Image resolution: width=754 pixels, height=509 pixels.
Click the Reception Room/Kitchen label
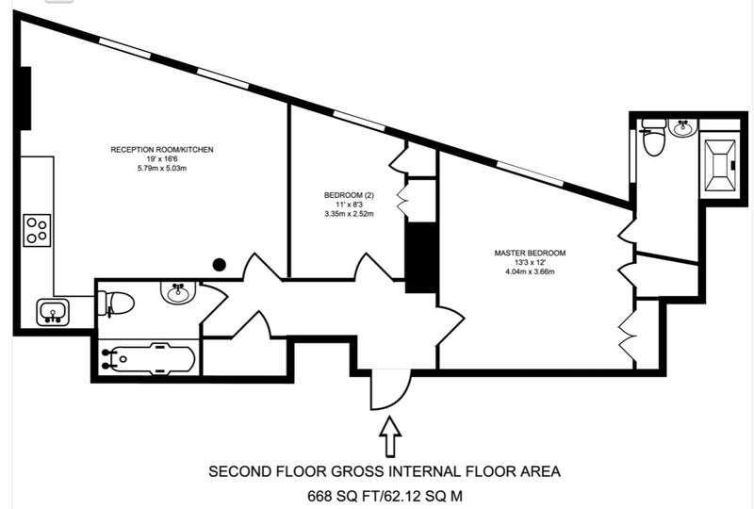point(162,150)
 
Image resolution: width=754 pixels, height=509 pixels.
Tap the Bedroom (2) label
point(349,195)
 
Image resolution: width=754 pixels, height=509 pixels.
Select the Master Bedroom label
point(530,253)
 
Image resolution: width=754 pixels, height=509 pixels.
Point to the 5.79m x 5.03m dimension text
point(162,169)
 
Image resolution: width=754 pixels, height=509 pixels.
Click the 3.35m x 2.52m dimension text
point(349,214)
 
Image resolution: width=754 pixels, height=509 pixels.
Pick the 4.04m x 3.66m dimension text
point(530,271)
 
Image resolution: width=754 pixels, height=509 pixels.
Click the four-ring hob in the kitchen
point(37,230)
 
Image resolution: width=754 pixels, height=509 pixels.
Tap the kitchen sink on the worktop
point(53,312)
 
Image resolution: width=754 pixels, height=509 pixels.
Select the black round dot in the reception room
point(220,264)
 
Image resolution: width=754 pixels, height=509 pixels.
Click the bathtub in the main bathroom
point(149,358)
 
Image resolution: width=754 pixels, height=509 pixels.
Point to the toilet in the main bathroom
point(115,304)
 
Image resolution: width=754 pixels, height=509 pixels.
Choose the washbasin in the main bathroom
point(178,292)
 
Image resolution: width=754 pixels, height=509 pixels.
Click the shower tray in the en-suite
point(720,166)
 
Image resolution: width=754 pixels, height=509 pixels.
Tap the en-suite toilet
point(653,137)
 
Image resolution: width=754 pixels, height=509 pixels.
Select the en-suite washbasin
point(682,128)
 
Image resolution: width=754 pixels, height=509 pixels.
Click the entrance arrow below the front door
point(390,436)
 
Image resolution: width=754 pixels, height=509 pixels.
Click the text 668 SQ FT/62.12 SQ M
point(385,496)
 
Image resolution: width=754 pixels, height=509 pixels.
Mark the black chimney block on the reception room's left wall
point(25,98)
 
